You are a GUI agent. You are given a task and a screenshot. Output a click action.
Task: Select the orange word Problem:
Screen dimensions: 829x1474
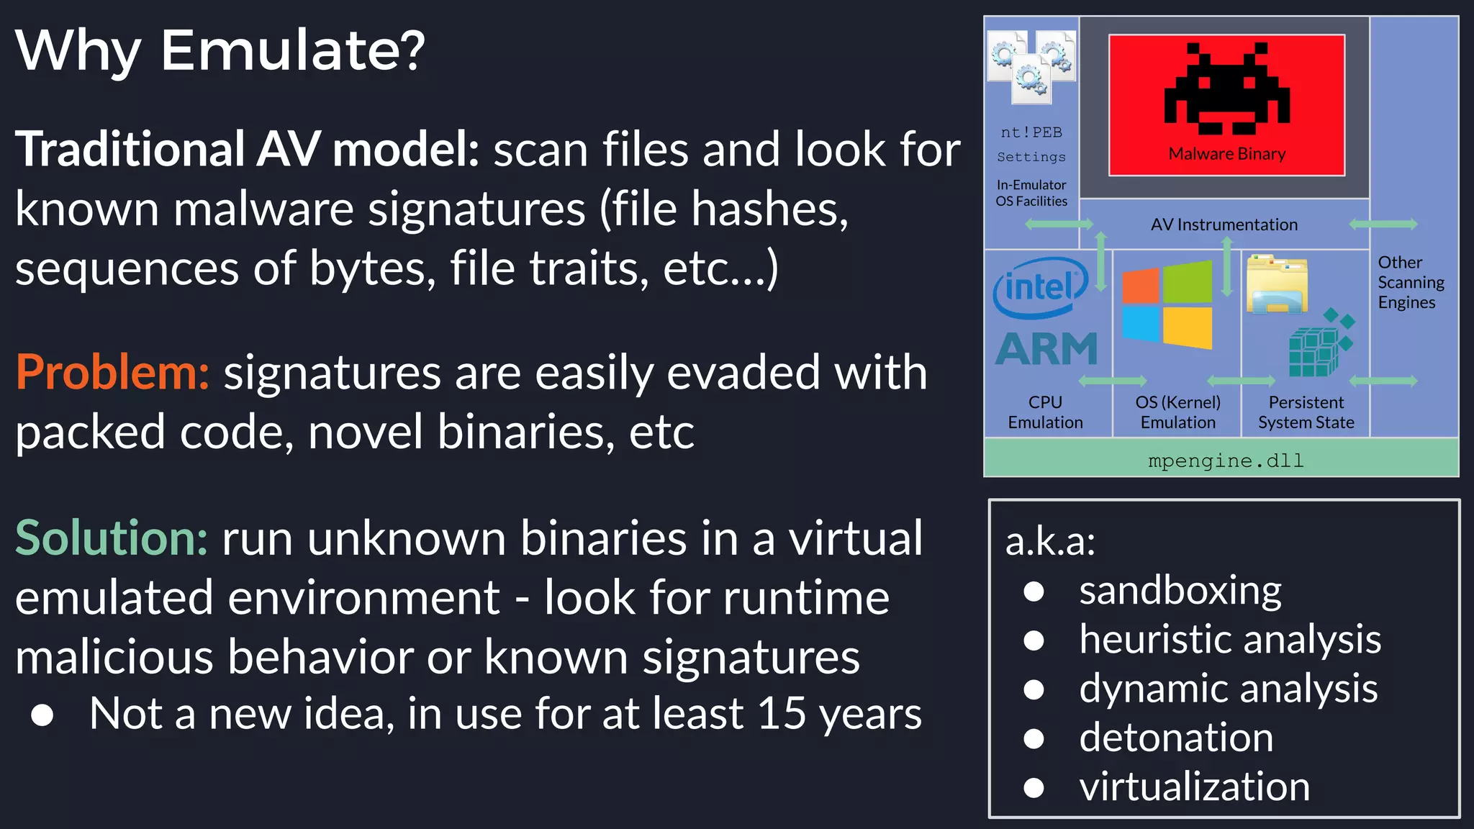[x=112, y=373]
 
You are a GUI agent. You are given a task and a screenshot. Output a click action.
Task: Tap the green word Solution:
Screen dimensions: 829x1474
[x=112, y=538]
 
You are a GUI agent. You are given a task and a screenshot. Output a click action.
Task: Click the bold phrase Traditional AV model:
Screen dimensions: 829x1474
[x=247, y=150]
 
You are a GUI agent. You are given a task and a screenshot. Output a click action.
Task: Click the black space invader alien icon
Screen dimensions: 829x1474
[x=1226, y=89]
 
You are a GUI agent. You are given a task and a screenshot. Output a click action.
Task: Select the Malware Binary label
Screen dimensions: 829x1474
[x=1226, y=154]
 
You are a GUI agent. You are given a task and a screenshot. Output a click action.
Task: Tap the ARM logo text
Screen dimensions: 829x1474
[x=1046, y=350]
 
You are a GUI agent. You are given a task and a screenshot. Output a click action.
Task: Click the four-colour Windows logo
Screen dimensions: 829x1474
[x=1167, y=305]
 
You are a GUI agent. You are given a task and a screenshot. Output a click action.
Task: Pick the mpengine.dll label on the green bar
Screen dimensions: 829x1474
[x=1225, y=461]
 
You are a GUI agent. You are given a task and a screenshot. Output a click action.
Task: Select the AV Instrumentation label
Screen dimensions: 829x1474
[x=1224, y=225]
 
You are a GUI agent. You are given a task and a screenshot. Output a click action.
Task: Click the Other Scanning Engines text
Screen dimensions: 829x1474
[x=1409, y=282]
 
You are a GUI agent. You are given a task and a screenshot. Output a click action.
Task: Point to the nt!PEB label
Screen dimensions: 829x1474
[x=1031, y=132]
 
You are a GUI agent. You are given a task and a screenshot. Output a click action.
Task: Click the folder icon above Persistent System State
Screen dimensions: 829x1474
[x=1277, y=284]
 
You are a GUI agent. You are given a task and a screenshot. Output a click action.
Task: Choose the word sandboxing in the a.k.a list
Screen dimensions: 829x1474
[x=1180, y=592]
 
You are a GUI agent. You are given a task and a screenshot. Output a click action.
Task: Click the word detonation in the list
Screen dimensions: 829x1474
[x=1176, y=738]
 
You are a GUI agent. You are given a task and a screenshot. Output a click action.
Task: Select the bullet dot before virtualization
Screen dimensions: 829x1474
[x=1034, y=787]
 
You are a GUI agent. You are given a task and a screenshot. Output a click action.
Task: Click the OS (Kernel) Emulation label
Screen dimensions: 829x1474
[x=1177, y=412]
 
